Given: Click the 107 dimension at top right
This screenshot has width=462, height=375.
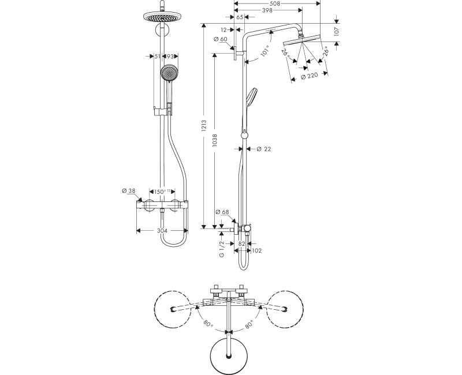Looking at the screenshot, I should [x=337, y=32].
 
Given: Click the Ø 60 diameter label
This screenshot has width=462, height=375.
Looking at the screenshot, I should [x=221, y=39].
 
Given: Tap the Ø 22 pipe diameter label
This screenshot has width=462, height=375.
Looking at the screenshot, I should [x=263, y=149].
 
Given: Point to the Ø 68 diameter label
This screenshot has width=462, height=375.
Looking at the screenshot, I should [x=221, y=212].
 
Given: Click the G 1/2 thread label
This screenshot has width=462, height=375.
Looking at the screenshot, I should [x=221, y=249].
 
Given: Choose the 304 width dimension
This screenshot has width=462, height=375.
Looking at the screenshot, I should [x=162, y=231].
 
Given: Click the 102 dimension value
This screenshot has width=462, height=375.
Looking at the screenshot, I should [x=258, y=251].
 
